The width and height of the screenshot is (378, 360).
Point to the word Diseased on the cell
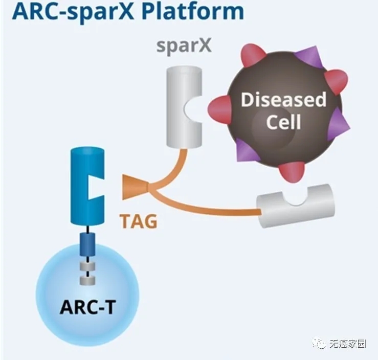(283, 99)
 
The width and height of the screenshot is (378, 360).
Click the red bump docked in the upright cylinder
(218, 107)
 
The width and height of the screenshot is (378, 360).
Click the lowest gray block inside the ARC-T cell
(87, 280)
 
